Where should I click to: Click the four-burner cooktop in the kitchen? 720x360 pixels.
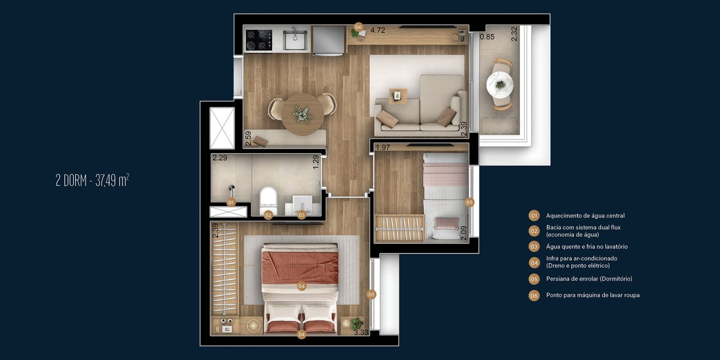(x=259, y=40)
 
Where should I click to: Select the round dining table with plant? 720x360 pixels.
(x=302, y=114)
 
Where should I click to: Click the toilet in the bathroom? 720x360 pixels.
(x=268, y=197)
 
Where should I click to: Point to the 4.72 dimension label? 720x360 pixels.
(x=378, y=30)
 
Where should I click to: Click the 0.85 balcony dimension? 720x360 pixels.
(x=487, y=37)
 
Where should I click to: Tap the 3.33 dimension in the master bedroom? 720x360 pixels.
(x=361, y=333)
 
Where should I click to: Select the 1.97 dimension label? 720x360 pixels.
(x=383, y=148)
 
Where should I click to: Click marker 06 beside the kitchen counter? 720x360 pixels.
(x=358, y=27)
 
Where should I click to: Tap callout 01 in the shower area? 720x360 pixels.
(x=231, y=202)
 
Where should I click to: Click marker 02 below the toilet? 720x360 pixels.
(x=268, y=215)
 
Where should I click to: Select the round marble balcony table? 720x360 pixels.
(x=499, y=84)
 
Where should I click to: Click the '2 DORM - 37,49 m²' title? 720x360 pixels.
(x=93, y=180)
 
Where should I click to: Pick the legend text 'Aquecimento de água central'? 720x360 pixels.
(x=585, y=216)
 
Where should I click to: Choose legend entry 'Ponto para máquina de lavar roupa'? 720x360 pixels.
(x=593, y=295)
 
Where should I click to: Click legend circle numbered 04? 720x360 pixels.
(x=534, y=263)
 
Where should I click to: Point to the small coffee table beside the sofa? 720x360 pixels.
(x=398, y=96)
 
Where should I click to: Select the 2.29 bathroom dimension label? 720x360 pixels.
(x=220, y=158)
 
